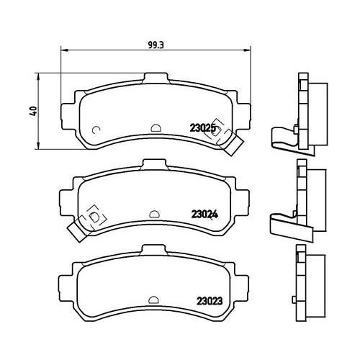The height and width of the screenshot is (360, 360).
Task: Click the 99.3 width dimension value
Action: (x=156, y=45)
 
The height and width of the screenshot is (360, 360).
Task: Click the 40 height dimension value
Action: (x=33, y=111)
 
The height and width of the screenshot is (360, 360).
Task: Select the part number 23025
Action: (x=203, y=128)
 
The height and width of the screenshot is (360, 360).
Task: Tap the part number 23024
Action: (x=204, y=215)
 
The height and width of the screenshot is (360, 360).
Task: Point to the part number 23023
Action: (x=210, y=301)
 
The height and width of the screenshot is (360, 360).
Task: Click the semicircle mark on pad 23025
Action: (x=156, y=127)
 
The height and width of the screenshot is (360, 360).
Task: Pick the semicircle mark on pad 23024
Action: (x=154, y=214)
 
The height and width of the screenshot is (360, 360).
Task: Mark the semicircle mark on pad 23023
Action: (x=153, y=300)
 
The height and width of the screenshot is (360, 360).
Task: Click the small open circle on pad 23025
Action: (x=96, y=130)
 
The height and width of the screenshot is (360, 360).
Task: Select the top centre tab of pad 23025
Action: (x=156, y=78)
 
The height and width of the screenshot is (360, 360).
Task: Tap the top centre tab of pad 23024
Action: (x=154, y=164)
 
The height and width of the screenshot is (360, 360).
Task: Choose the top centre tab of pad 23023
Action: (x=153, y=250)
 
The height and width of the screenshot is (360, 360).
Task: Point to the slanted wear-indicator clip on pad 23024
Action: (x=77, y=231)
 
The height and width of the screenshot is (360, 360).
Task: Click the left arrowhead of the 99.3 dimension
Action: (x=64, y=50)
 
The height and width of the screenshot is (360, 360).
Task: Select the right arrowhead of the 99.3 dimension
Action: (x=247, y=50)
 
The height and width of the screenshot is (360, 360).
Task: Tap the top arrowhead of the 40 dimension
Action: (x=38, y=76)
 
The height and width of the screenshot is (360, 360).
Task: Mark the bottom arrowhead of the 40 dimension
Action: (x=38, y=145)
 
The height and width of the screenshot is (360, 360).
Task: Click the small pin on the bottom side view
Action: (x=294, y=300)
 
